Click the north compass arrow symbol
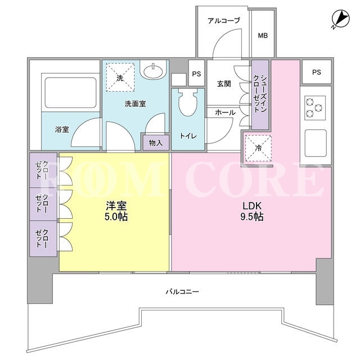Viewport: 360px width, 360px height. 341,19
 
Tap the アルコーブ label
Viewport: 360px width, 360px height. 224,21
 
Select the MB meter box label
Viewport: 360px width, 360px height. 263,35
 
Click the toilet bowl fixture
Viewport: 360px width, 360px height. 188,102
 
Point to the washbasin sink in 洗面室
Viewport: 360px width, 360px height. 152,70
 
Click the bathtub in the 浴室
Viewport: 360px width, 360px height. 70,92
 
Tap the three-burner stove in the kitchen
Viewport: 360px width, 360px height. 315,107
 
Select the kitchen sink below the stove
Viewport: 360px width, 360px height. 316,143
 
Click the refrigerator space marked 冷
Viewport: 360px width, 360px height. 258,148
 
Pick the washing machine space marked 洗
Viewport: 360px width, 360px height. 120,78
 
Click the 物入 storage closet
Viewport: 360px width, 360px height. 156,142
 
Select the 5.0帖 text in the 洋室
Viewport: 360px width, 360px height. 116,217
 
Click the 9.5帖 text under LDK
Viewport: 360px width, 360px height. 252,217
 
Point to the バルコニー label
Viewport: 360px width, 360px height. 182,292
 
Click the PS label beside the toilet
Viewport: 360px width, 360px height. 196,74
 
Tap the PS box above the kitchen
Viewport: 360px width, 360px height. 316,72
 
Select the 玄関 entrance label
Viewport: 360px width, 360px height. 224,84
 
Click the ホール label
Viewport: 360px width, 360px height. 225,112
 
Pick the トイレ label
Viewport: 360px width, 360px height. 188,136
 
